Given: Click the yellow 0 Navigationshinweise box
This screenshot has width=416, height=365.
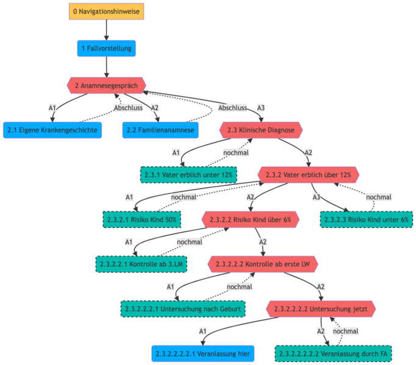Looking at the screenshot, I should pos(106,12).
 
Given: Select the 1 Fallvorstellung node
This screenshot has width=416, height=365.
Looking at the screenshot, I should pos(106,48).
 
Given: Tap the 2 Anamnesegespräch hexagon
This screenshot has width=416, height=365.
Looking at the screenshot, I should pos(106,85).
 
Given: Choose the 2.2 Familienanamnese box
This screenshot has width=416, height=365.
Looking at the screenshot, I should pos(159,130).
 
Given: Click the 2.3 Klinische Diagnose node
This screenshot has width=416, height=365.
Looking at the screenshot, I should pos(260,130).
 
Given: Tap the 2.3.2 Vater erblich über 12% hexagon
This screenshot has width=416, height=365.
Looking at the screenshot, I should pos(308,175).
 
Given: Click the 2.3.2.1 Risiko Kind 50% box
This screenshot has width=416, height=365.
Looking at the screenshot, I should pos(141,219).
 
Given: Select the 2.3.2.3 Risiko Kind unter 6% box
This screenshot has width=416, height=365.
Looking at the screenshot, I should pos(367,219).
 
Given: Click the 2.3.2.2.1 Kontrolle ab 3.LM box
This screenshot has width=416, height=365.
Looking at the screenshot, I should pos(141,264).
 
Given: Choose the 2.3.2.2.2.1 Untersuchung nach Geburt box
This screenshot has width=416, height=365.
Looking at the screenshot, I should pos(182,309).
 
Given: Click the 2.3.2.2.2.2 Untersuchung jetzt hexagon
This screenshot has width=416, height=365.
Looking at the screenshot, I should pos(321,309).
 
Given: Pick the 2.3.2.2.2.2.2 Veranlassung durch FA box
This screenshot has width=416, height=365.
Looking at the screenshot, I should pos(333,353).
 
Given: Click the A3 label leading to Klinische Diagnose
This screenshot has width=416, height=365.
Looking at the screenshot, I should pos(260,108).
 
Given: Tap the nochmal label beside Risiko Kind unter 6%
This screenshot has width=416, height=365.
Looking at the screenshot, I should pos(378,197).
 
